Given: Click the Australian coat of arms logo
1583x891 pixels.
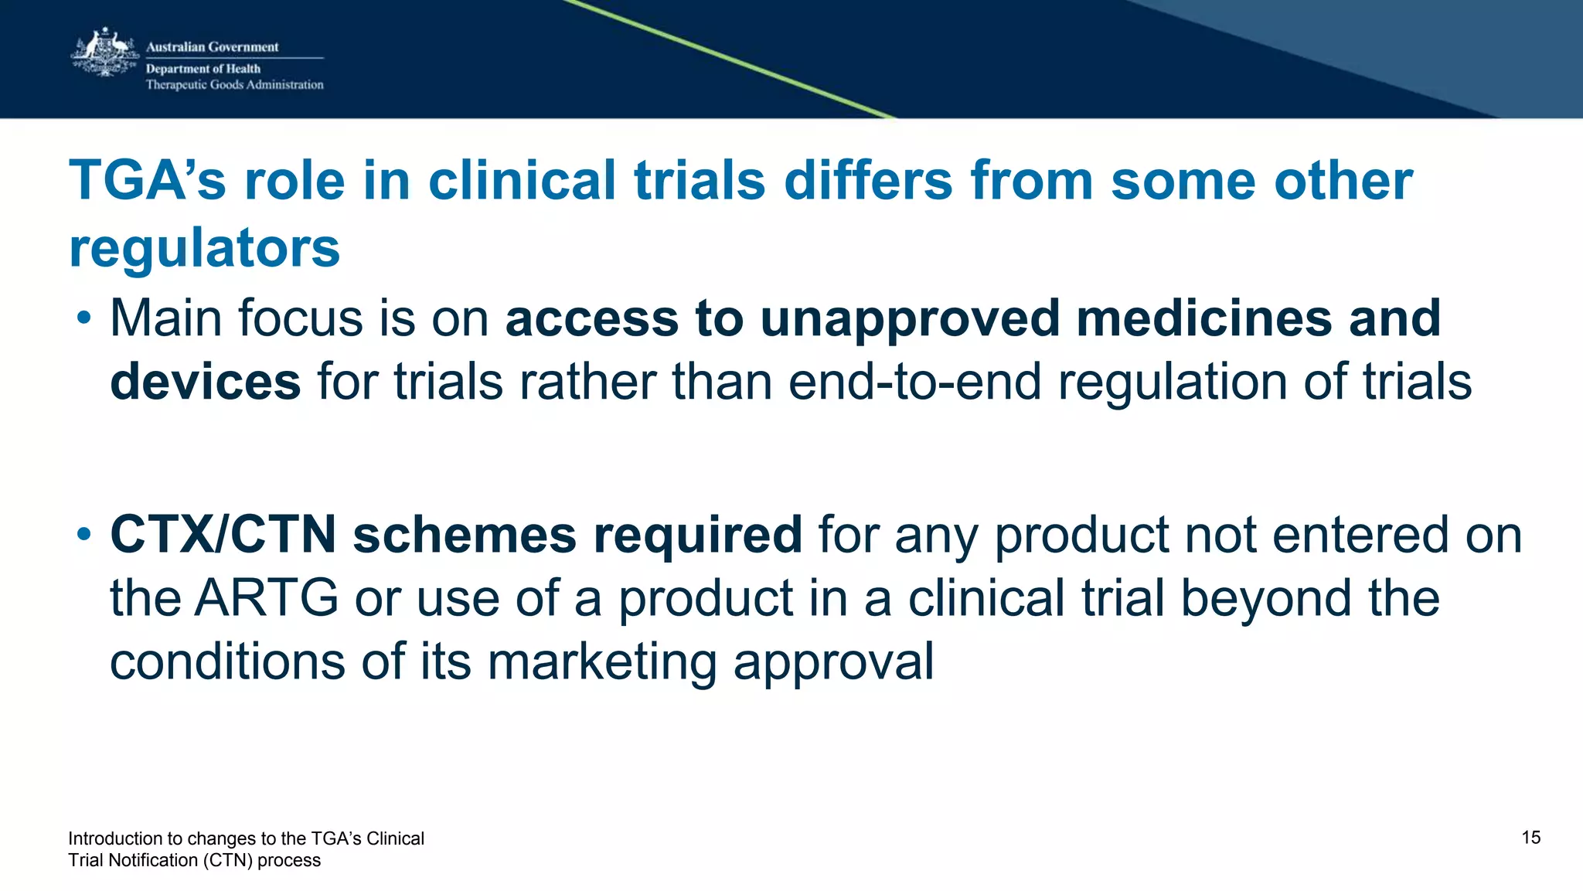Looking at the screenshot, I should (x=104, y=53).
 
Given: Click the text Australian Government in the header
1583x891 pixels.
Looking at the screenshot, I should (x=212, y=47).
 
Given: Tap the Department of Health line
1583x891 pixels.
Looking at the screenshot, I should (x=203, y=69).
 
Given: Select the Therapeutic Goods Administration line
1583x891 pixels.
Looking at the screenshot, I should (x=234, y=85).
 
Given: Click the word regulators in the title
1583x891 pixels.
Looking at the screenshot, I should (x=205, y=248).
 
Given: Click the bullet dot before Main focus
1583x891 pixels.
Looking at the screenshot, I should (x=84, y=318).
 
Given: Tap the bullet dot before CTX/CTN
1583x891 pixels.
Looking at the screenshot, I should (x=84, y=535).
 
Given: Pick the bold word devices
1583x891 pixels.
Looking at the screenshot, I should (x=205, y=382).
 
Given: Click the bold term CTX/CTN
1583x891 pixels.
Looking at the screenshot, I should (x=223, y=535).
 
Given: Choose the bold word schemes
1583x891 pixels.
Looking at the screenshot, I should (x=464, y=535).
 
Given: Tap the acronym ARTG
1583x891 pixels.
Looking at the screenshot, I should (x=266, y=598).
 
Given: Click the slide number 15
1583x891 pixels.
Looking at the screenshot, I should (x=1530, y=838).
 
